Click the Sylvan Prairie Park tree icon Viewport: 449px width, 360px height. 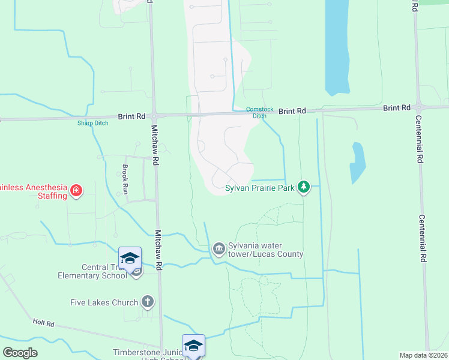coord(304,188)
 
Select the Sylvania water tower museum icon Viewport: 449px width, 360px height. coord(218,248)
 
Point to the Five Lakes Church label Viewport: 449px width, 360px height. coord(108,302)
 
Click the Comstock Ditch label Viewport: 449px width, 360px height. coord(259,112)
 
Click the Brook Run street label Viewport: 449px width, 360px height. coord(125,179)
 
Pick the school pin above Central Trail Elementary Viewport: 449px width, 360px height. coord(130,259)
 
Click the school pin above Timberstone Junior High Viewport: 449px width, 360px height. coord(193,346)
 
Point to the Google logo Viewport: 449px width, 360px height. coord(20,353)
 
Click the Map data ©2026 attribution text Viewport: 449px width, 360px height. coord(423,355)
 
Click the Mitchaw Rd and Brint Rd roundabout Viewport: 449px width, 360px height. coord(154,115)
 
